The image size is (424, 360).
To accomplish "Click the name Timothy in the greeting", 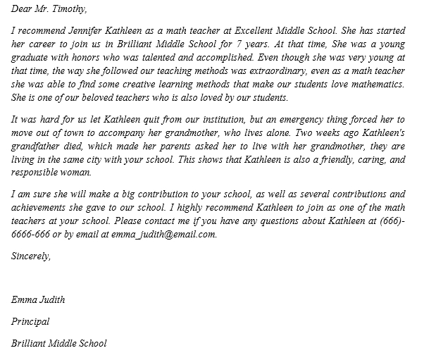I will click(69, 9).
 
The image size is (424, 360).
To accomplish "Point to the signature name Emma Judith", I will click(38, 300).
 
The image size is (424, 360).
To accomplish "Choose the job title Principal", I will click(31, 322).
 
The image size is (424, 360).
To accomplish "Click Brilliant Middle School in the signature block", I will click(59, 344).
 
